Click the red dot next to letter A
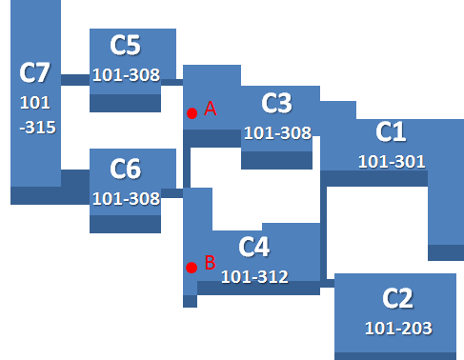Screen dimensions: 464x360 192,113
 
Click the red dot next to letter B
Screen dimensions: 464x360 192,268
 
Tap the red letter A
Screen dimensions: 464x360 211,109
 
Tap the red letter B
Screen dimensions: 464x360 211,263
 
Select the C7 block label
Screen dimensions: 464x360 34,72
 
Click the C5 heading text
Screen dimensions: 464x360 125,46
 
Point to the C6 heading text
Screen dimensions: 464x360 125,169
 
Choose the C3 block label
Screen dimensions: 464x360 276,104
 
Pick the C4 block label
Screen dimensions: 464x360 254,247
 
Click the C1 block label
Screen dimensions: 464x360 391,131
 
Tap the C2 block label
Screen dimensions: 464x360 397,298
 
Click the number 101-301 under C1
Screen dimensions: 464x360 392,162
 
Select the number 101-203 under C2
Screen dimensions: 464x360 398,329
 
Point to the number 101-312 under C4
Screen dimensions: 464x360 254,277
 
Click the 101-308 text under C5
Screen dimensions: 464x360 126,75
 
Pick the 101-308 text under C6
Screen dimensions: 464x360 126,199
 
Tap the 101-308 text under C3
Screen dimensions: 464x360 277,133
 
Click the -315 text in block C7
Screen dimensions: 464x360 37,128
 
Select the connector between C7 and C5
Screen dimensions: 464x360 75,80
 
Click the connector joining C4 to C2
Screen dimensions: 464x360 327,284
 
